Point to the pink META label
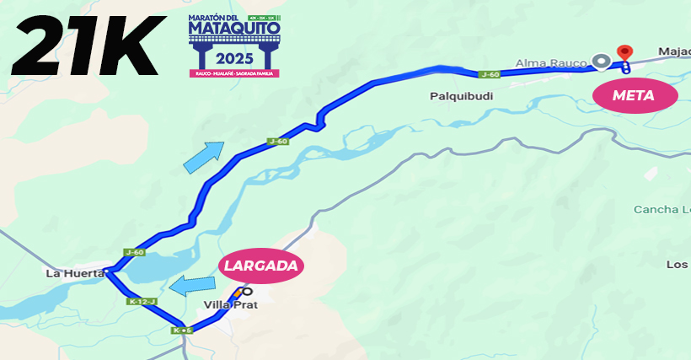coord(634,95)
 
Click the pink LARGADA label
coord(261,266)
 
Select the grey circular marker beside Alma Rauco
coord(601,61)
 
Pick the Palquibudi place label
coord(461,96)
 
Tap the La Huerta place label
coord(75,273)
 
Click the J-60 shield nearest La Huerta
coord(134,252)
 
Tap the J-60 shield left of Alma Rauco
coord(489,74)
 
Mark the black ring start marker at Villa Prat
coord(247,292)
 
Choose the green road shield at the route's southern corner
coord(182,330)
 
